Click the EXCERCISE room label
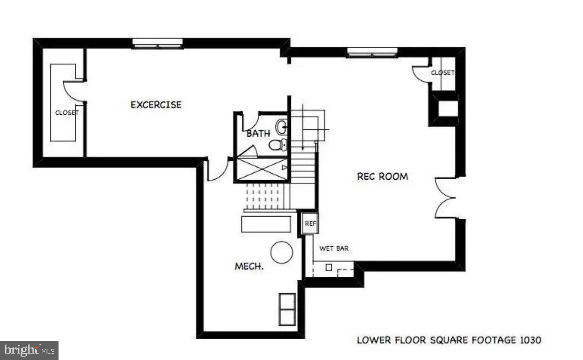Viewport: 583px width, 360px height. pos(156,105)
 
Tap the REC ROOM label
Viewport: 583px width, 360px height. pos(382,176)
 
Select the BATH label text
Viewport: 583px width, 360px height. pos(258,133)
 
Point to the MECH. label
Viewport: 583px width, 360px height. pos(249,266)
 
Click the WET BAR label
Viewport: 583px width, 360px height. pos(334,248)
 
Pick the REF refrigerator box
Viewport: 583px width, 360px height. pos(310,224)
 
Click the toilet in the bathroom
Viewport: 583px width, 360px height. pos(278,145)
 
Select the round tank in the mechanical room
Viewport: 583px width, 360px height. pos(282,252)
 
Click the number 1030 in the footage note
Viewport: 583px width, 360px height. pos(531,340)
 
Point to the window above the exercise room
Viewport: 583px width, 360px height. pos(157,44)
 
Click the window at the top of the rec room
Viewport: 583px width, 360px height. pos(372,52)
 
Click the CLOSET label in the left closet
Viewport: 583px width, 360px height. pos(67,112)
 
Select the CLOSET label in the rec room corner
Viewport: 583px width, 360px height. pos(443,72)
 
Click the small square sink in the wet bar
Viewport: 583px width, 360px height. pos(329,268)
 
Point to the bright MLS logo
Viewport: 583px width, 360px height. pos(29,350)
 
